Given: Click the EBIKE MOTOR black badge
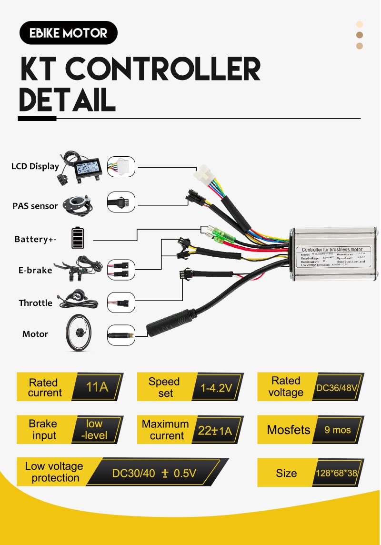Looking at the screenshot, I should point(68,33).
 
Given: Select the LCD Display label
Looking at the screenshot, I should point(35,166).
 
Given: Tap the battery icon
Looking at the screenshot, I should point(77,238).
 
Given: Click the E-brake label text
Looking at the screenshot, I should point(35,270).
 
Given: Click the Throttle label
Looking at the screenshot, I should point(36,303).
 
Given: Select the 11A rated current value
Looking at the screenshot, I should point(97,387).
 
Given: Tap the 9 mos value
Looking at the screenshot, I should point(337,430).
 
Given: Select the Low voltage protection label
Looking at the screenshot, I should point(54,472).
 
